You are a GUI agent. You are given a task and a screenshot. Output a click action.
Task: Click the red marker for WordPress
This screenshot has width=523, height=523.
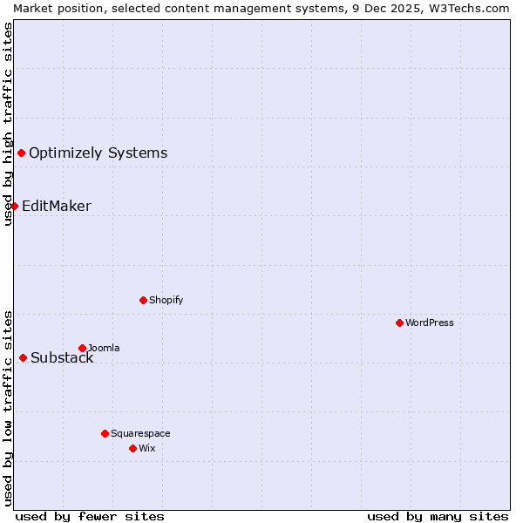[x=399, y=323]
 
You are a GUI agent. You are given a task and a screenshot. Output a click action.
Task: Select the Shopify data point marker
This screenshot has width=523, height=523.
[x=143, y=300]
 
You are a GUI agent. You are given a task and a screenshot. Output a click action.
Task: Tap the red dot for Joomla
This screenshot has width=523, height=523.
[x=82, y=348]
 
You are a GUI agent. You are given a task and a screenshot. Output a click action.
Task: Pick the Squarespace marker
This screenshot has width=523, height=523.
[x=105, y=433]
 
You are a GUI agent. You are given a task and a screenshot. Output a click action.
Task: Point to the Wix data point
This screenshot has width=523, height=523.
[x=132, y=448]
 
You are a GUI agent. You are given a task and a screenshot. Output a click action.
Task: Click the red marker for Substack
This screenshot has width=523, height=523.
[x=23, y=357]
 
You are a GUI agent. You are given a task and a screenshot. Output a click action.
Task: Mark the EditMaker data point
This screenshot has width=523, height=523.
[x=14, y=206]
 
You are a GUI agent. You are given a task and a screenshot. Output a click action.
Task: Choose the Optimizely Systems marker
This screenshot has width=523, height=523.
[x=21, y=153]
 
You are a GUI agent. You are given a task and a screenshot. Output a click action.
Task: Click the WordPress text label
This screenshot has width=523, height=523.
[x=430, y=323]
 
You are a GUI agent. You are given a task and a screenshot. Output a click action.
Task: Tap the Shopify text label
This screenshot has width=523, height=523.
[x=166, y=300]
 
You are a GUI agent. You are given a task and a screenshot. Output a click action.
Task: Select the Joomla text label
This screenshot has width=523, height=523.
[x=104, y=348]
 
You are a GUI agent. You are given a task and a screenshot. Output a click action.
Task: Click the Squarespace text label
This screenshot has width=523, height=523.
[x=140, y=433]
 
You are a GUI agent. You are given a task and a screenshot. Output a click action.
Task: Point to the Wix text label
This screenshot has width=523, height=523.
[x=147, y=448]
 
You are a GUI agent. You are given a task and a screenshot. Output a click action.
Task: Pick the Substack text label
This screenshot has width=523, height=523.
[x=62, y=358]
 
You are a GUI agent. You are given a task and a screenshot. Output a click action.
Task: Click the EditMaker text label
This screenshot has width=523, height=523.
[x=57, y=207]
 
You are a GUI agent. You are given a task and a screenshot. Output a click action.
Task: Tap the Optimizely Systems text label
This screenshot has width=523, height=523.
[x=98, y=153]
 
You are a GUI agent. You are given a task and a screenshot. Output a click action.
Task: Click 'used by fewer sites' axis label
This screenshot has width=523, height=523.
[x=90, y=516]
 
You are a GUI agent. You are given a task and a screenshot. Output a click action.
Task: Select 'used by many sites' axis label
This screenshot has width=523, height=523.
[x=438, y=516]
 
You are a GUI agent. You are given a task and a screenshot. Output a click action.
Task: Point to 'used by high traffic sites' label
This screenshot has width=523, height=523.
[x=9, y=124]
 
